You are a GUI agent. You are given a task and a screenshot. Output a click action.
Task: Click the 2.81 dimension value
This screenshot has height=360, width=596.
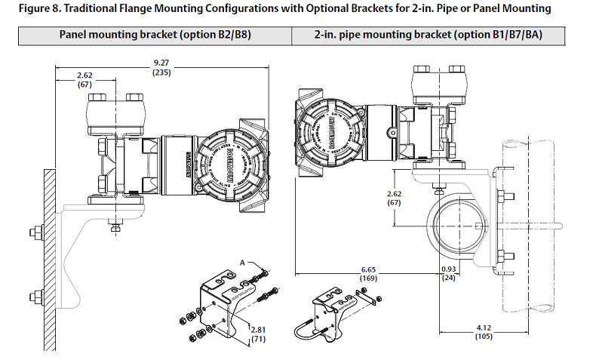coord(260,330)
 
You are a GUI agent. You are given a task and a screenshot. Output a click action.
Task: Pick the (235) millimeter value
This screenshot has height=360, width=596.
coord(161,72)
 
